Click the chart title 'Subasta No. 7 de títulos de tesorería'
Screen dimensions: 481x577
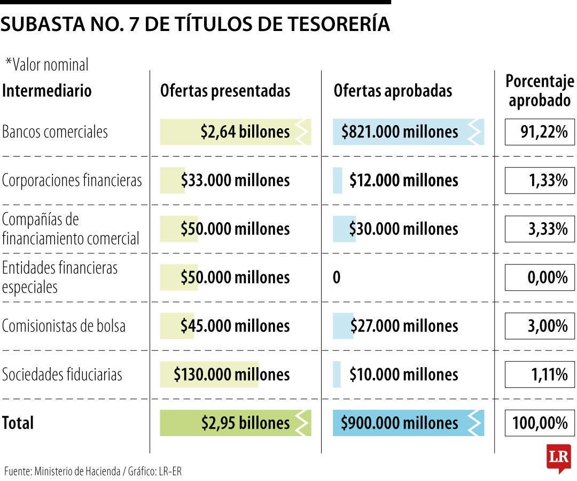coord(195,25)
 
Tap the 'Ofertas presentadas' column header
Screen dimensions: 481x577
coord(225,91)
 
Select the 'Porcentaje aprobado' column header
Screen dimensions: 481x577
coord(540,91)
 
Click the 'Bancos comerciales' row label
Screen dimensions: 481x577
coord(55,132)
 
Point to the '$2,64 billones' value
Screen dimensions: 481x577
coord(245,132)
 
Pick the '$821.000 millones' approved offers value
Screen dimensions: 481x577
coord(400,132)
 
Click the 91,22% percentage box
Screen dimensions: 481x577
coord(540,132)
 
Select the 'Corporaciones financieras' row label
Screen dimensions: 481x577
coord(72,180)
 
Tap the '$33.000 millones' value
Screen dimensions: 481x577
coord(235,180)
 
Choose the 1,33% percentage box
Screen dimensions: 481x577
coord(540,180)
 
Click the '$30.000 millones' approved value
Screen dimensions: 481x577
coord(403,229)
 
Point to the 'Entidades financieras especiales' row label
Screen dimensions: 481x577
coord(60,277)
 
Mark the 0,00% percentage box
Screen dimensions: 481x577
coord(540,277)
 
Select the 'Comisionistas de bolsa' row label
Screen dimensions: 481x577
coord(64,326)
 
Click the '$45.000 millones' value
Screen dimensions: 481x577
coord(235,326)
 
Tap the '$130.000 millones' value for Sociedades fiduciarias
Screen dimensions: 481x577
coord(231,374)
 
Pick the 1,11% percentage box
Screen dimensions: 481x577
coord(540,374)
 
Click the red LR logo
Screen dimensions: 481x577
coord(558,458)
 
